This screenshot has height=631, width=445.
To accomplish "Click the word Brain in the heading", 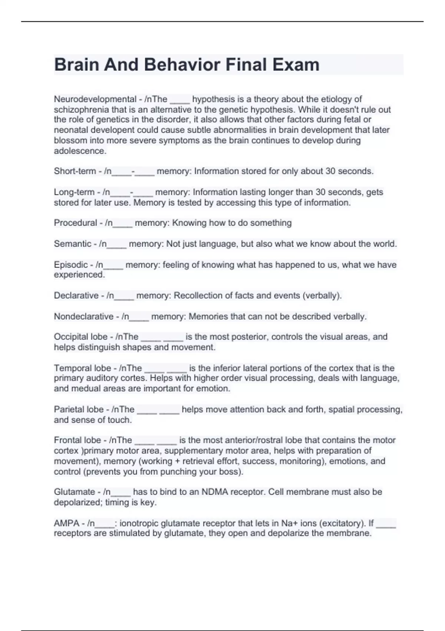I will click(76, 65).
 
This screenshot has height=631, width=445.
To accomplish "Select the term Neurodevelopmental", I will click(95, 99).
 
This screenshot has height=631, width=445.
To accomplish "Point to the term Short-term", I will click(75, 171).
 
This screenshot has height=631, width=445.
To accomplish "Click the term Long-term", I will click(74, 192).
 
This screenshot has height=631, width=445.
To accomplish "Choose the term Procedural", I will click(75, 223).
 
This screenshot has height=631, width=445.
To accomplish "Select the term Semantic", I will click(72, 244).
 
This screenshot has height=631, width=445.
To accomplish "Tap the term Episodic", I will click(71, 265).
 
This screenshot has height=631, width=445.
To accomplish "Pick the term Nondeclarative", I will click(83, 317).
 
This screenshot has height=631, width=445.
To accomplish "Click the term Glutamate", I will click(74, 492).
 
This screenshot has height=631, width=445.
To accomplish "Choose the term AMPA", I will click(66, 523).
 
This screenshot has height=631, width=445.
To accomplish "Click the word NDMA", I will click(214, 492).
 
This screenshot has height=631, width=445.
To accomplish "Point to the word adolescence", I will click(80, 151).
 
